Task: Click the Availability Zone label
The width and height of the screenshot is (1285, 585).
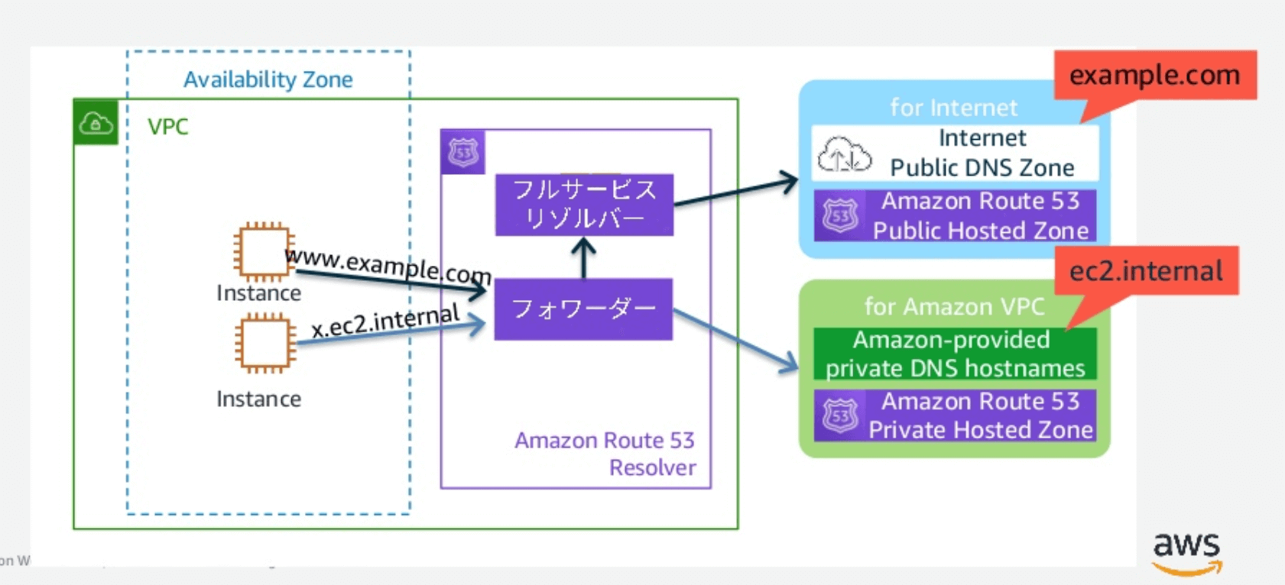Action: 268,79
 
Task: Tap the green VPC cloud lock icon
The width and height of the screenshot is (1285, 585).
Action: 96,122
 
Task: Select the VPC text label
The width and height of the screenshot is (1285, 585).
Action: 167,127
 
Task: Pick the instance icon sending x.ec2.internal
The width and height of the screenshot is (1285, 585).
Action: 265,344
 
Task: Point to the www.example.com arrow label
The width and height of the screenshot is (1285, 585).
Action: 388,265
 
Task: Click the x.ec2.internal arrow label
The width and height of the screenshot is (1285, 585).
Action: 385,320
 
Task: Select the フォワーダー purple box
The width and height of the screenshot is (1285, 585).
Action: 583,309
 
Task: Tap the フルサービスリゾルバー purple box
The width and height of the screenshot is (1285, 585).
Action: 584,205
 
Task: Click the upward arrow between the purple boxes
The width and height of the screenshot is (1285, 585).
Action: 584,257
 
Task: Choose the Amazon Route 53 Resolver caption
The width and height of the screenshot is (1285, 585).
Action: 605,454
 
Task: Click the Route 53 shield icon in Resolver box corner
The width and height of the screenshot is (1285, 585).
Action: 462,152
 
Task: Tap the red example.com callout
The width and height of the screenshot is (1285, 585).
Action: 1154,76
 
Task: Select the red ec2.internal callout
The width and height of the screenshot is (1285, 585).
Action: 1146,271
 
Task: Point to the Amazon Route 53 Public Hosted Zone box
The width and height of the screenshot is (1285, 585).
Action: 955,216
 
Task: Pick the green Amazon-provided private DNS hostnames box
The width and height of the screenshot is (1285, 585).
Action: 955,354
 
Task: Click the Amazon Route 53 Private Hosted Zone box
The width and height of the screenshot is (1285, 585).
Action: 955,415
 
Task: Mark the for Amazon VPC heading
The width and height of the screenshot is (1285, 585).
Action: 954,307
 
